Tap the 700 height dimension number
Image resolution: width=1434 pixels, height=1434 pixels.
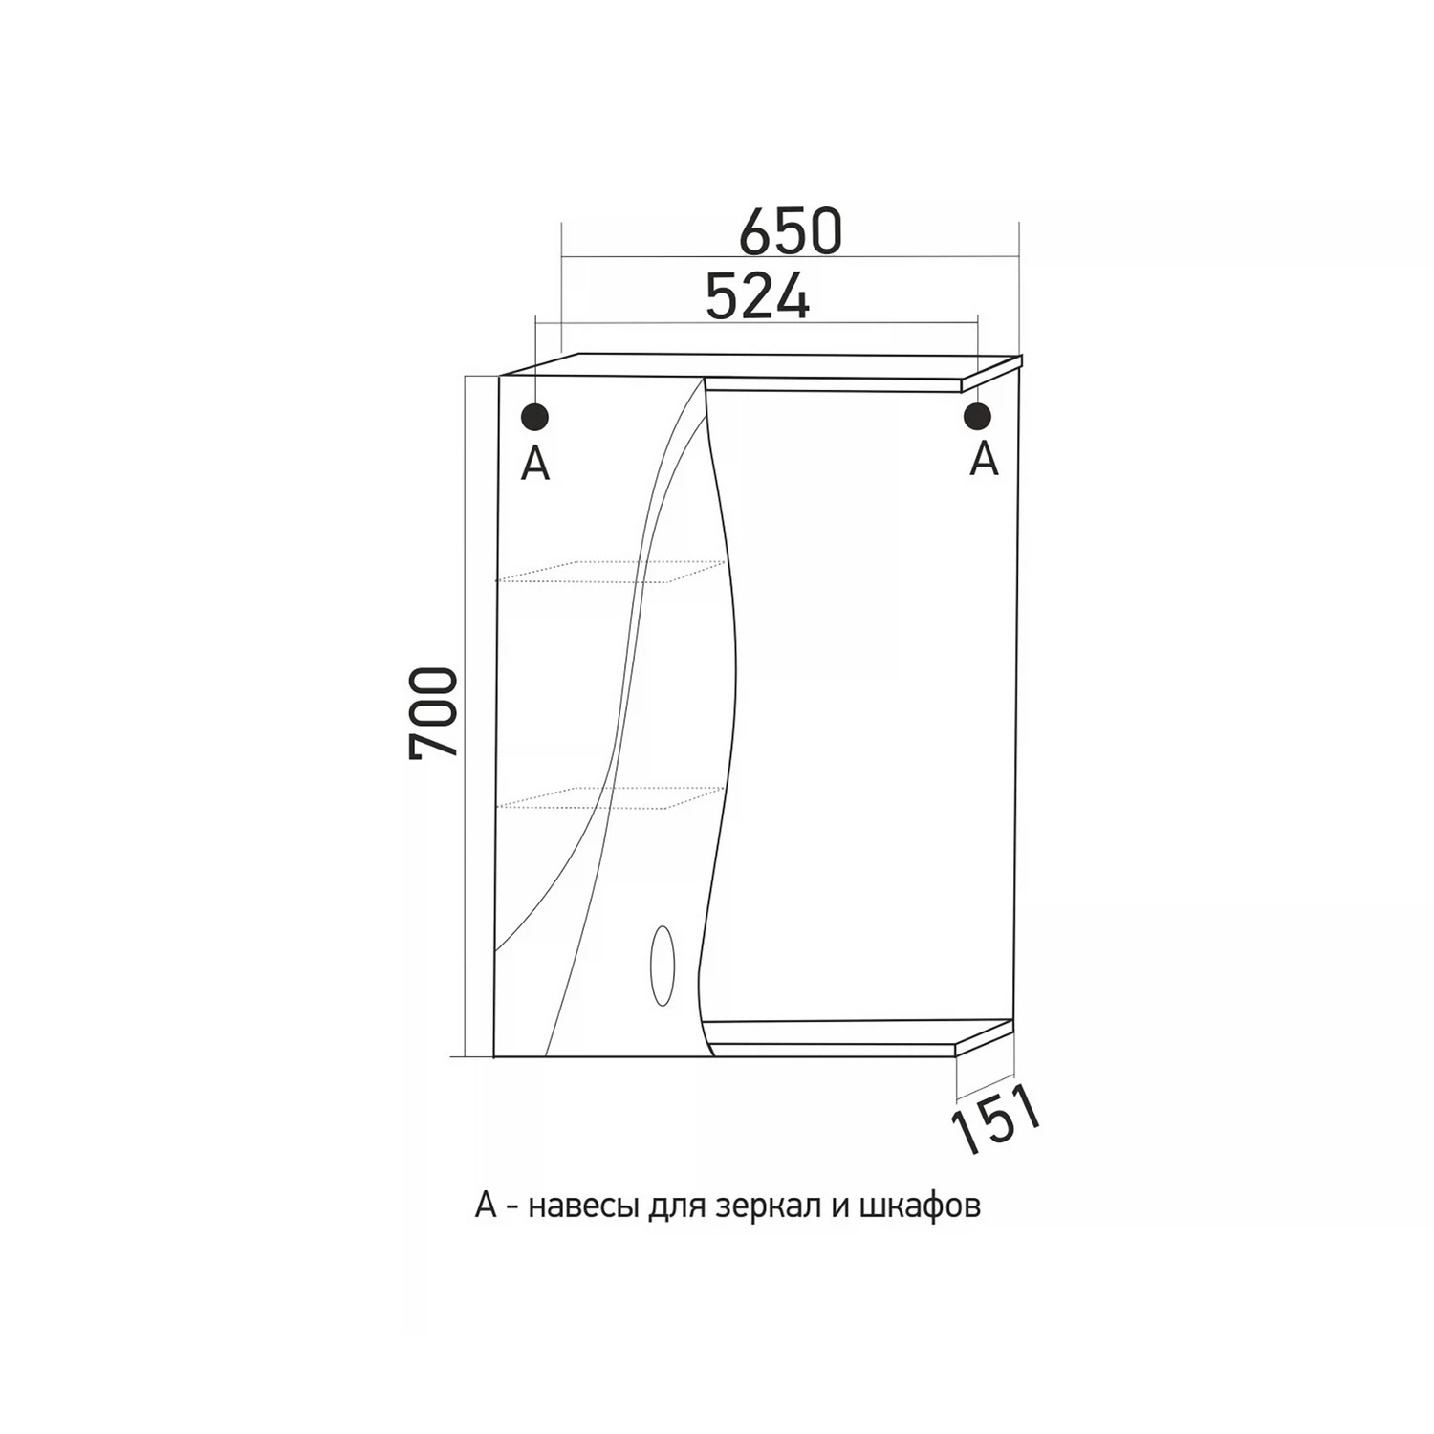(434, 713)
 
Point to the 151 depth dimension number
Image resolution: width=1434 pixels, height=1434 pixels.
(994, 1119)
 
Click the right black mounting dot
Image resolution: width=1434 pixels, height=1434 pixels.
(977, 416)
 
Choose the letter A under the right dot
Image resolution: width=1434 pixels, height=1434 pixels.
(984, 460)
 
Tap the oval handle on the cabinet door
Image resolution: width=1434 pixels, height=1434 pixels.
(661, 965)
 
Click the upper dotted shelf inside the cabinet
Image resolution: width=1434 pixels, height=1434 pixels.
(609, 572)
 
